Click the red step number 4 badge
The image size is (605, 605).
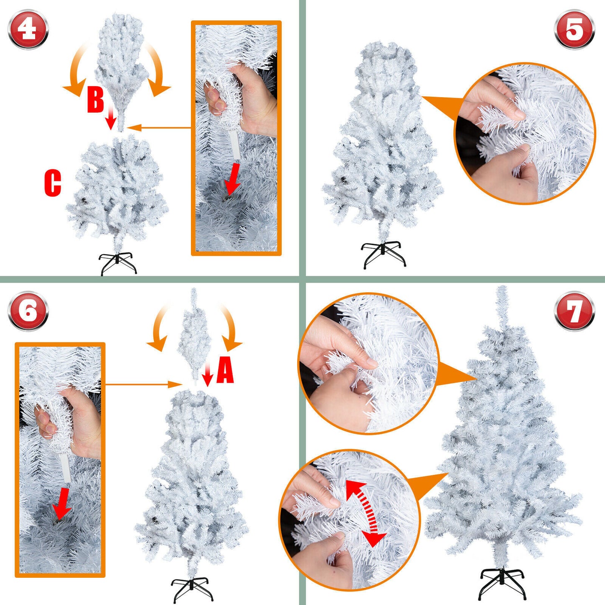[28, 30]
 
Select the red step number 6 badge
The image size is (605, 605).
[28, 311]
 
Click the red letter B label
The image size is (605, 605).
[95, 100]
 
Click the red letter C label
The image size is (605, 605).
[53, 183]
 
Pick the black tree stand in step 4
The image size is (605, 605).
[118, 263]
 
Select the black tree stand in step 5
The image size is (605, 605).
[383, 253]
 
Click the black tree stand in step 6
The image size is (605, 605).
[192, 589]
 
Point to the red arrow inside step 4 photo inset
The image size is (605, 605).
[232, 179]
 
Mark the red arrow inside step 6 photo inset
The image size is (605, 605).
[62, 503]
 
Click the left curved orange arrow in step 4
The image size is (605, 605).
[76, 71]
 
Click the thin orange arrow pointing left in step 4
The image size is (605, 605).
[159, 128]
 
